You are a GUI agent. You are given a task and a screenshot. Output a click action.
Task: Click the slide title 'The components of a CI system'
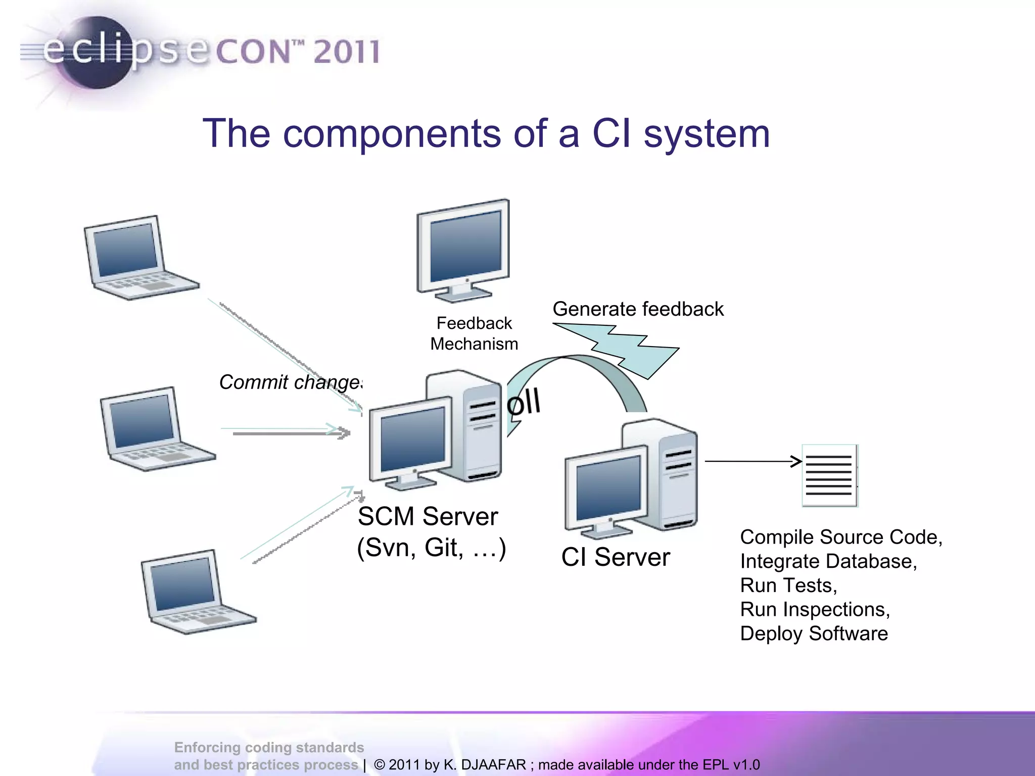[486, 133]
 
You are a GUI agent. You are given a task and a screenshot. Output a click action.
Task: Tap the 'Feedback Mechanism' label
[474, 333]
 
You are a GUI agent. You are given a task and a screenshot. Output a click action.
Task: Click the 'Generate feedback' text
[638, 309]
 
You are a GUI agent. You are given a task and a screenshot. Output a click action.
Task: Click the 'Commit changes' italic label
[291, 382]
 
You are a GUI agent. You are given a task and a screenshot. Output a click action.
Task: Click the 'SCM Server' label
[428, 516]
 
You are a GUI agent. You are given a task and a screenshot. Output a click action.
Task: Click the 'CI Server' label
[616, 557]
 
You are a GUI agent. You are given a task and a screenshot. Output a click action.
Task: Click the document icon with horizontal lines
[829, 475]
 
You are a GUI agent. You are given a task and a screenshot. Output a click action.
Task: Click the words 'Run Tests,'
[788, 586]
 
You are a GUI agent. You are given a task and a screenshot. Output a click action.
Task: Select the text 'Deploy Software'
[814, 634]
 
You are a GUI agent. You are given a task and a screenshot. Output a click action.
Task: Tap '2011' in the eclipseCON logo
[347, 52]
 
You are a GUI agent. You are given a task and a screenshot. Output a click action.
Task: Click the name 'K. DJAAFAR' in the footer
[484, 765]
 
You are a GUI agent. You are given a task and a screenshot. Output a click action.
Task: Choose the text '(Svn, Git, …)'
[431, 548]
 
